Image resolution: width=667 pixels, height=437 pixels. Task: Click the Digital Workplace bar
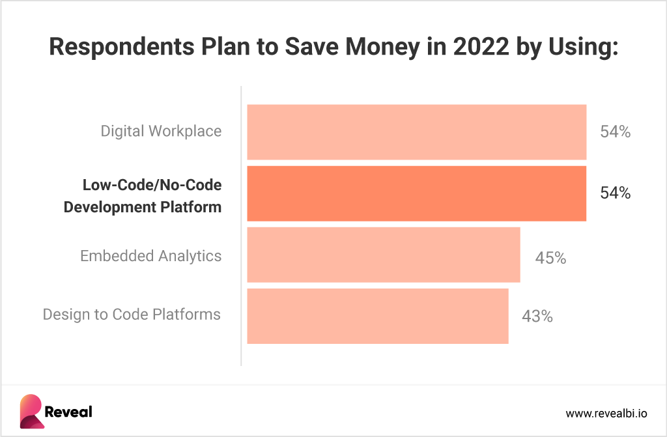click(x=416, y=132)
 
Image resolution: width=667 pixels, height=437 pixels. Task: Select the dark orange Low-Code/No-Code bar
click(x=416, y=193)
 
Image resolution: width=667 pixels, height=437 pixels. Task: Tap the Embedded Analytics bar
click(x=383, y=255)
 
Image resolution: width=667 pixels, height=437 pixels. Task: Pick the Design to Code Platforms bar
click(x=378, y=316)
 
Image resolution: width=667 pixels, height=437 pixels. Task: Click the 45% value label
click(x=550, y=258)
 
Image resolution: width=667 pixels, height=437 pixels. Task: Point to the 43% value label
click(x=537, y=316)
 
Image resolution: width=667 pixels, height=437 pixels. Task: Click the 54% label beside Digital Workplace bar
click(x=615, y=132)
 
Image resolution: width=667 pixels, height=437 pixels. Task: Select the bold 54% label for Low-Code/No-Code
click(x=615, y=193)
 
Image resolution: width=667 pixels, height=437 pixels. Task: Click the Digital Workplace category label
click(x=162, y=131)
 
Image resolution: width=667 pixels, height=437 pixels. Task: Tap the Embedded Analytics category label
click(x=151, y=256)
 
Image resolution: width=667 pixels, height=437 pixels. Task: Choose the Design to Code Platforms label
click(x=132, y=315)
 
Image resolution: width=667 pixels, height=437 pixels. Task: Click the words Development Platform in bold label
click(x=143, y=207)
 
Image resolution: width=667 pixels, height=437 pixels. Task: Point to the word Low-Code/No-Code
click(x=152, y=185)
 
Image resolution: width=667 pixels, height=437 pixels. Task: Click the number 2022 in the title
click(x=481, y=46)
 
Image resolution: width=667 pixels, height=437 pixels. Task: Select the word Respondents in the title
click(x=122, y=47)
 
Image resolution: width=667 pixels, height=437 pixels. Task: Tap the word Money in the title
click(x=382, y=48)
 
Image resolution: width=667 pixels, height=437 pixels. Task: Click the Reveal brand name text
click(x=68, y=412)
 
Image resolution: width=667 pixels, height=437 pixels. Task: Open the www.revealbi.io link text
click(x=606, y=413)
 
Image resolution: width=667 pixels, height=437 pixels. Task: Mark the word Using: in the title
click(x=583, y=48)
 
